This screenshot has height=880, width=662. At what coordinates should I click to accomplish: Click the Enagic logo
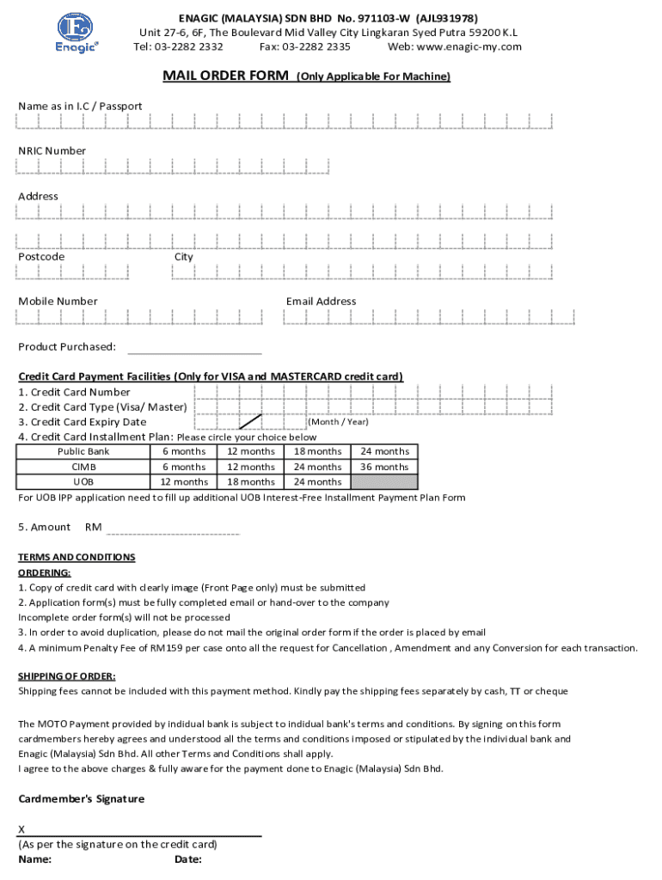77,33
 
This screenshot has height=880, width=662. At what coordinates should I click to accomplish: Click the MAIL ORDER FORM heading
226,76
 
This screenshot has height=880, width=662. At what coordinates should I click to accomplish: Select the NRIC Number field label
52,150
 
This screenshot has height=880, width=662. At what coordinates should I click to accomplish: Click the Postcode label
41,256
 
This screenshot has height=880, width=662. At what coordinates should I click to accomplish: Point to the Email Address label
321,301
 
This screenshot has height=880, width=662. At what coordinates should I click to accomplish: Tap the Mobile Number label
58,301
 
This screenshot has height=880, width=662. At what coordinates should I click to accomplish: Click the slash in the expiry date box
250,421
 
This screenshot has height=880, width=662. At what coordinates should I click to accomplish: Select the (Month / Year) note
338,421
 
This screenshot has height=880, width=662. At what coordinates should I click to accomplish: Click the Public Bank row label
83,451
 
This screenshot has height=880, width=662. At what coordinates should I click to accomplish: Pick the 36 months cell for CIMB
384,467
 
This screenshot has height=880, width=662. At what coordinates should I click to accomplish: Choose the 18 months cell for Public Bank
317,451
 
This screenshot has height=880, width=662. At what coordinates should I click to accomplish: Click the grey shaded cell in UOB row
384,481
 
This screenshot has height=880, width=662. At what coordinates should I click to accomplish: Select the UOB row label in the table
83,481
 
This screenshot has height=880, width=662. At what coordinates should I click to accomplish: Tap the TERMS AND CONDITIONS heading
77,557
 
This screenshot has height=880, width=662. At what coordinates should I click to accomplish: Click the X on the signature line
22,829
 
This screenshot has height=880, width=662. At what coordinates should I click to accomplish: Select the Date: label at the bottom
187,859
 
